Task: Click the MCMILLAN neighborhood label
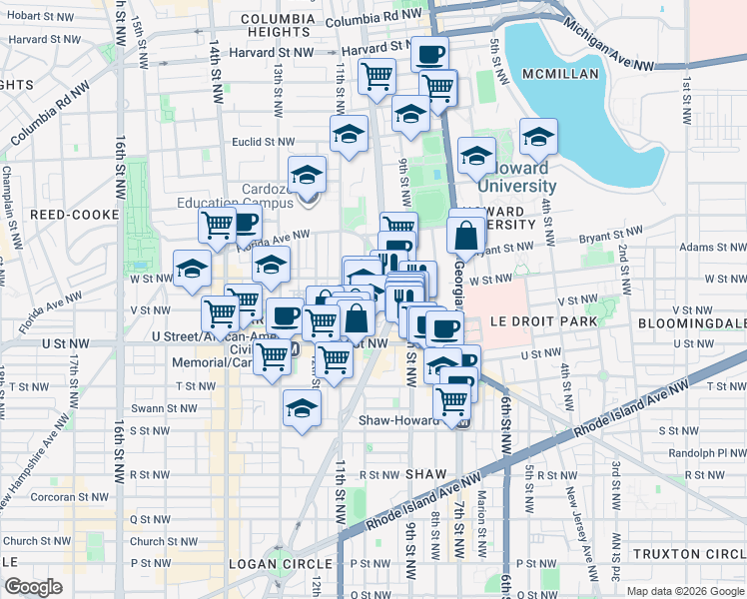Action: (558, 74)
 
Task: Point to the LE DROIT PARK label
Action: (543, 321)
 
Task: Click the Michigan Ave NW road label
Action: (609, 48)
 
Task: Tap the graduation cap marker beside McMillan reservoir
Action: (538, 136)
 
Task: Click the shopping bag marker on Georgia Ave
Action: (466, 238)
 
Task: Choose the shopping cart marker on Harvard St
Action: (376, 76)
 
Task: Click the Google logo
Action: (33, 587)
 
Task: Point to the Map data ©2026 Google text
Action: (684, 591)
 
